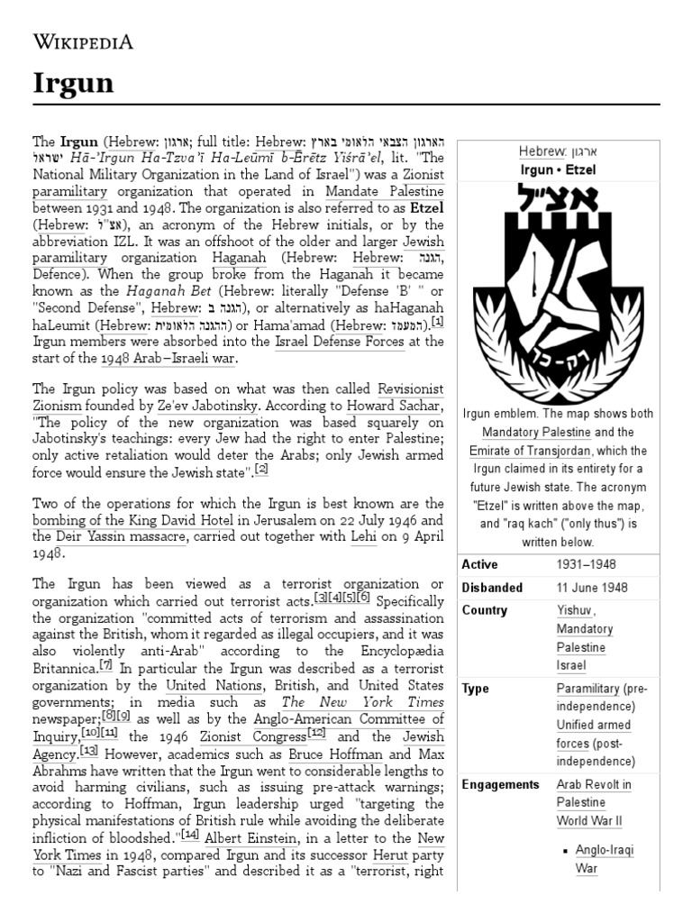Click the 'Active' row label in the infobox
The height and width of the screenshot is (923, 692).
pos(479,564)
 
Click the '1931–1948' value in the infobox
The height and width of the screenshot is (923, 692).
pos(587,564)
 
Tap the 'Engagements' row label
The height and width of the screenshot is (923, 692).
pos(500,784)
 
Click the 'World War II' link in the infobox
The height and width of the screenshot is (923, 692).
pos(589,820)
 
